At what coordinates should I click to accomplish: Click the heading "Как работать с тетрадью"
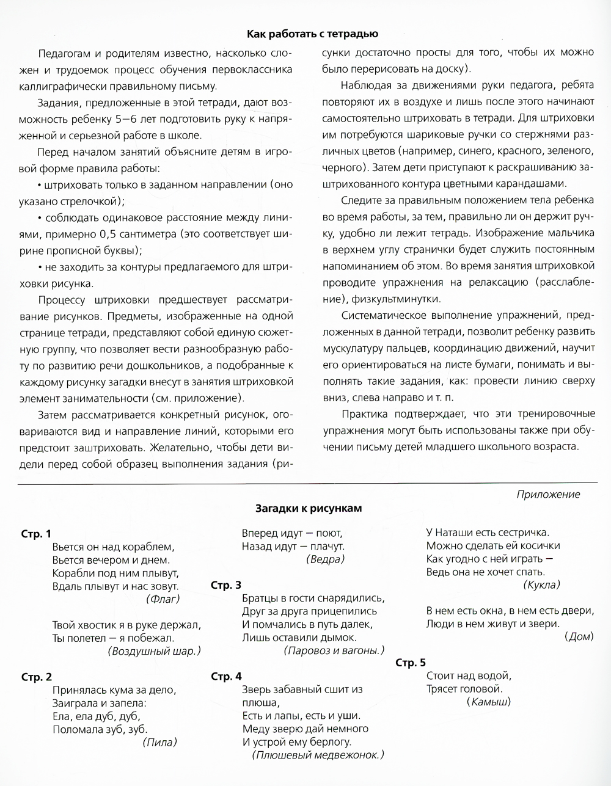click(x=312, y=34)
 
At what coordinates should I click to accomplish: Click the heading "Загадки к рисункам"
click(x=309, y=508)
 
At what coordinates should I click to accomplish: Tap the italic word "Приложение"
click(x=548, y=494)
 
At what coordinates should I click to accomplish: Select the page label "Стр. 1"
click(x=36, y=534)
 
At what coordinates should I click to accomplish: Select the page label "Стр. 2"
click(x=36, y=677)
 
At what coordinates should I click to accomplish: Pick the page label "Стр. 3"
click(x=225, y=585)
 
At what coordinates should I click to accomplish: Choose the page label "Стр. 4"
click(x=225, y=676)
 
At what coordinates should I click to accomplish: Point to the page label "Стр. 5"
click(x=410, y=663)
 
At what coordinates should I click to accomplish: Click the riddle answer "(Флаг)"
click(x=163, y=599)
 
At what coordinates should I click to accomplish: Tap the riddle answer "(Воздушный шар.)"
click(x=154, y=650)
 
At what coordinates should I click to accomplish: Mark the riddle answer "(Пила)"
click(x=159, y=743)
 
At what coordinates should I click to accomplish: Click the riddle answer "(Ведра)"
click(x=324, y=558)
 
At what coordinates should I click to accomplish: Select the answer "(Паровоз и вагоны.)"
click(x=334, y=650)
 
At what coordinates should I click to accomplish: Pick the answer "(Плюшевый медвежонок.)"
click(x=317, y=755)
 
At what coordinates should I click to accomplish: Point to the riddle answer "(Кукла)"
click(x=541, y=584)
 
